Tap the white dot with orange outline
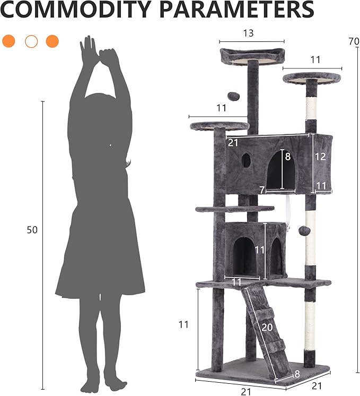point(31,41)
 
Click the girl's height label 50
point(32,230)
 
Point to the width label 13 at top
point(248,33)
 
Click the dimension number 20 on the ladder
point(267,328)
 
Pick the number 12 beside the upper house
point(320,157)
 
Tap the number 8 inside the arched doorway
point(288,157)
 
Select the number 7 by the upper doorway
point(262,190)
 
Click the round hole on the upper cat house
point(247,160)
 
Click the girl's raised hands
point(99,53)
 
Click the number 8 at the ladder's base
point(297,374)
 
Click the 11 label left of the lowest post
point(183,324)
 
